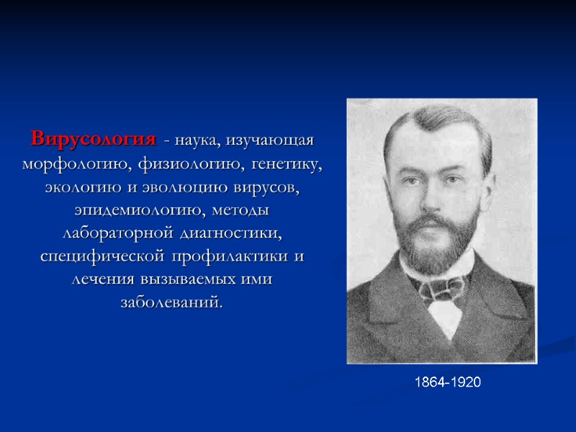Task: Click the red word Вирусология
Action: (93, 138)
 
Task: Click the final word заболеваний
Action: (172, 303)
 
